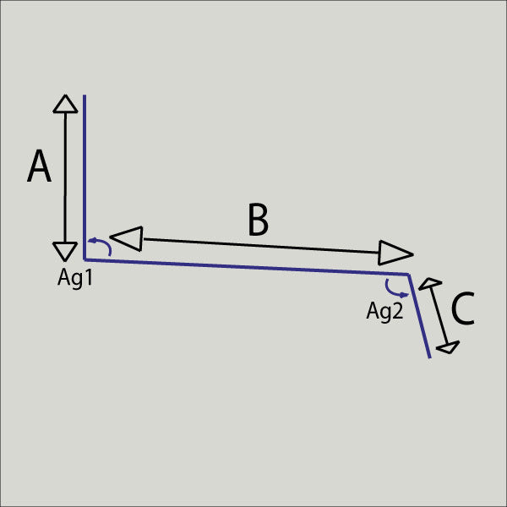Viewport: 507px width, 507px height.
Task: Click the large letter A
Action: click(x=39, y=166)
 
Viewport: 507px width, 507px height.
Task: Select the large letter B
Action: click(x=258, y=220)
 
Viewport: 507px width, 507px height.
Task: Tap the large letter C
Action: click(x=463, y=308)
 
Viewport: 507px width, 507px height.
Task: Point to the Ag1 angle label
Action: click(x=75, y=278)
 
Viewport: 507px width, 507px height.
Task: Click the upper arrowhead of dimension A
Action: click(x=65, y=104)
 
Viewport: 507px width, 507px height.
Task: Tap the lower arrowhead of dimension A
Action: click(x=65, y=252)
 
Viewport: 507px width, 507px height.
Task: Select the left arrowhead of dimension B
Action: click(x=127, y=238)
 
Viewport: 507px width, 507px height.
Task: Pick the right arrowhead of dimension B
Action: click(x=395, y=253)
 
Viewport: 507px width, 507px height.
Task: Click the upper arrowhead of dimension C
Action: click(x=430, y=284)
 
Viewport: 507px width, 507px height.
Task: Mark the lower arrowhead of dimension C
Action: click(x=448, y=347)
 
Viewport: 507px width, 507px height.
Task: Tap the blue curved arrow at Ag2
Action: click(x=396, y=289)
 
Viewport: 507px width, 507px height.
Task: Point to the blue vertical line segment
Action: click(x=84, y=177)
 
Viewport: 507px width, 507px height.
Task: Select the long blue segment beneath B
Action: click(x=247, y=267)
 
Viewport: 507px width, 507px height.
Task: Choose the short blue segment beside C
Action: click(x=419, y=316)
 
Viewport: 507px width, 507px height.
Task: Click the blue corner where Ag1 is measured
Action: click(x=84, y=259)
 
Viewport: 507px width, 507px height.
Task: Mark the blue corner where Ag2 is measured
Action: click(x=409, y=275)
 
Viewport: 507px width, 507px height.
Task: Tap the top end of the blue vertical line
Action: click(x=84, y=95)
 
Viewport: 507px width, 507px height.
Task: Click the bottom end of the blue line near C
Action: click(x=430, y=358)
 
